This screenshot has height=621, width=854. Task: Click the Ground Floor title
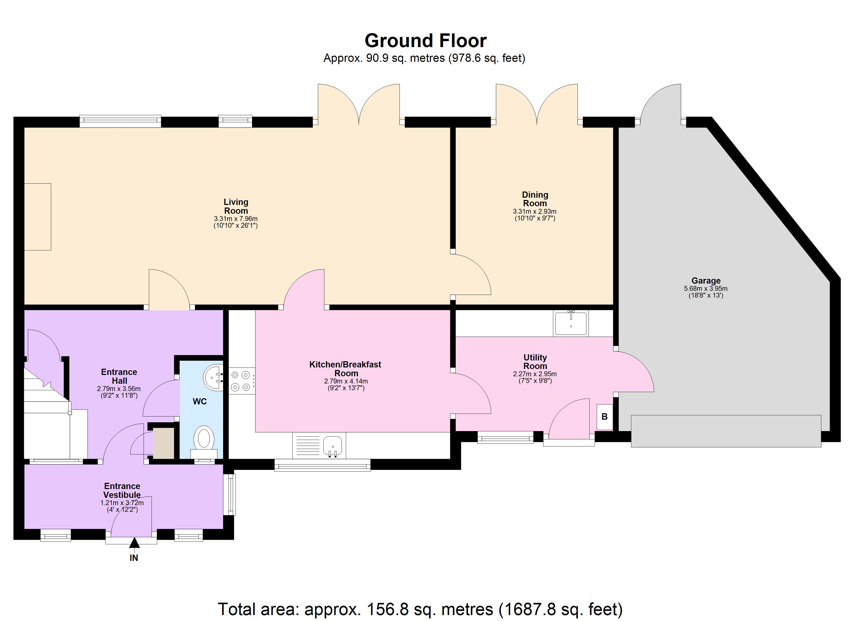pyautogui.click(x=425, y=41)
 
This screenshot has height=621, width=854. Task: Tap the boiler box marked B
pyautogui.click(x=605, y=417)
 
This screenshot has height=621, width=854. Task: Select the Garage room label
pyautogui.click(x=706, y=280)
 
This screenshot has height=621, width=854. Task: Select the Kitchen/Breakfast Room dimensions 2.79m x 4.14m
pyautogui.click(x=346, y=381)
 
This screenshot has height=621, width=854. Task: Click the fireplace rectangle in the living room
pyautogui.click(x=38, y=217)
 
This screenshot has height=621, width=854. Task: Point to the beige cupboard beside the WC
pyautogui.click(x=163, y=443)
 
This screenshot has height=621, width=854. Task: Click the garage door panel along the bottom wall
pyautogui.click(x=726, y=431)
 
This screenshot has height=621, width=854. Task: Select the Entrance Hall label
pyautogui.click(x=119, y=376)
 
